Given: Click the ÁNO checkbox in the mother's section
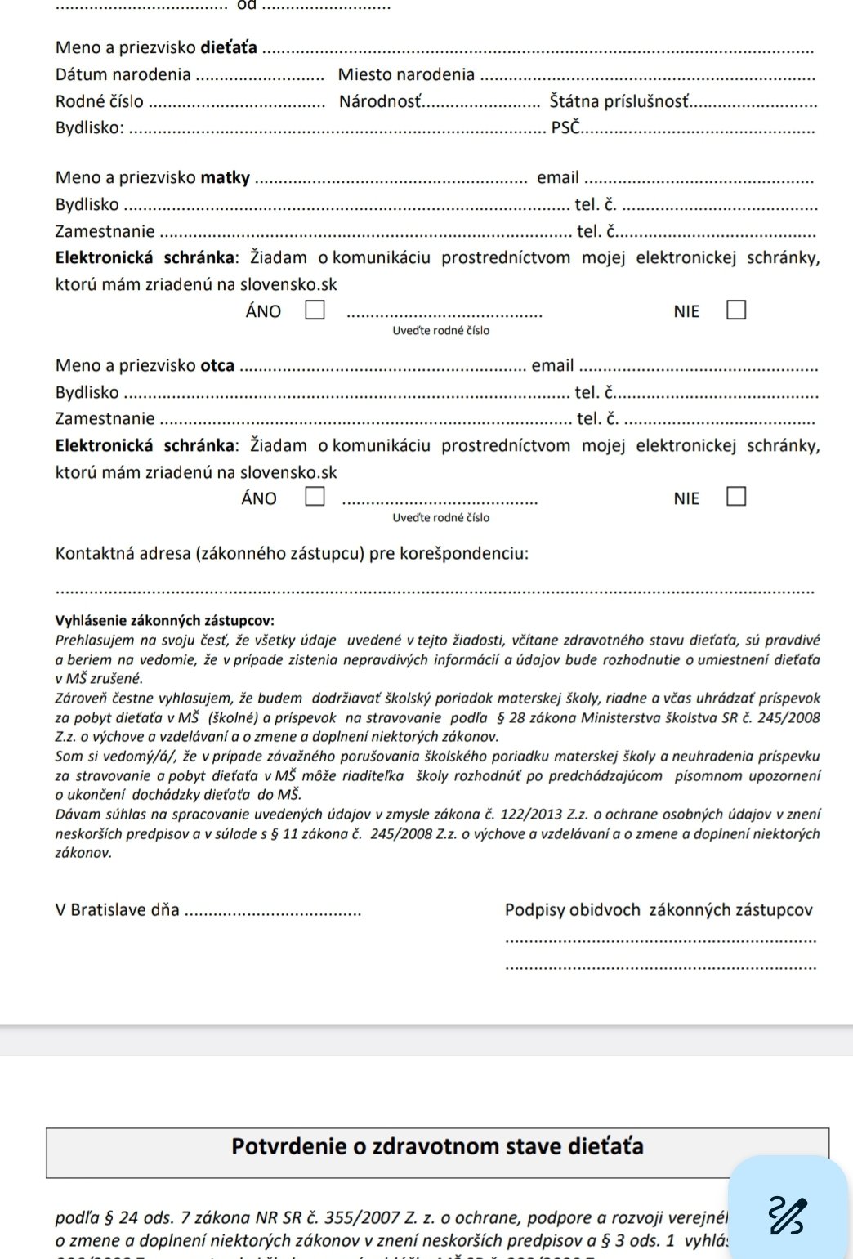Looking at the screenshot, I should [315, 310].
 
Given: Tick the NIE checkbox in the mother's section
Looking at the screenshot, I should [736, 310].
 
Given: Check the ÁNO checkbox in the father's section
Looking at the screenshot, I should [315, 497].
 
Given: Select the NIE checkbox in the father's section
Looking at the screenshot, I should [736, 497].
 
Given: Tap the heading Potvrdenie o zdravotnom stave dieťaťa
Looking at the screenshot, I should [437, 1146].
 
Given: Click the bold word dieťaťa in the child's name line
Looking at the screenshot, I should [229, 48].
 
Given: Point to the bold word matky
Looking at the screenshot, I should [225, 178].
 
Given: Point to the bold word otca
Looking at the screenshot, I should [217, 366].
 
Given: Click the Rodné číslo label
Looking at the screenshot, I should [99, 102].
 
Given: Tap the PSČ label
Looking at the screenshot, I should [565, 127].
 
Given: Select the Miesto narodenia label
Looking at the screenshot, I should [406, 75].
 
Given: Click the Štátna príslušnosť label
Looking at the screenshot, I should [619, 102].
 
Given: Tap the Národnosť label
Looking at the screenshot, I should [382, 102].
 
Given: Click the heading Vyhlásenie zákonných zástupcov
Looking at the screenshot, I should [164, 621].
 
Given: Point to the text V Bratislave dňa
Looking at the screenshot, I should [117, 910].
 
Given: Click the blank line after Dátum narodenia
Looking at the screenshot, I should [261, 78].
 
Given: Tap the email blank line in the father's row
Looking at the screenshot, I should [703, 368].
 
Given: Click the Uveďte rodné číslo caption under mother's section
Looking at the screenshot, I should [440, 331].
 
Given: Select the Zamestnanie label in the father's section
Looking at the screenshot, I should [105, 419].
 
